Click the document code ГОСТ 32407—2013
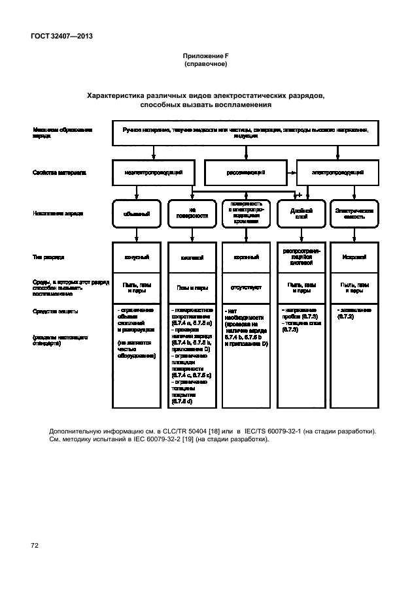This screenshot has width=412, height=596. coord(60,36)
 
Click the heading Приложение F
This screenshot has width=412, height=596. coord(205,58)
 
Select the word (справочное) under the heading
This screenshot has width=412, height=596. coord(205,65)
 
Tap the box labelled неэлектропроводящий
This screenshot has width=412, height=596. coord(154,172)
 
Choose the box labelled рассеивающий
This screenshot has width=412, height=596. coord(246,173)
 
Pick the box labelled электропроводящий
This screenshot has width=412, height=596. coord(337,172)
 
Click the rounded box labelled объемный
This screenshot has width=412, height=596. coord(136,213)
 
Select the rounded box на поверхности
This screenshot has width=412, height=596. coord(192,213)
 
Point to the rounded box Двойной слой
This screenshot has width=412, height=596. coord(298,213)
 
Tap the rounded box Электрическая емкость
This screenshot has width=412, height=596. coord(354,213)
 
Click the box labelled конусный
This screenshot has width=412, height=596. coord(136,258)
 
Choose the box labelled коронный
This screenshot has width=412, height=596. coord(246,258)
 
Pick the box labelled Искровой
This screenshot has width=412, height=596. coord(354,258)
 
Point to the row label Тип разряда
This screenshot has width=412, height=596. coord(48,258)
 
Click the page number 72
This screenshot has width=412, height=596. coord(35,544)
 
